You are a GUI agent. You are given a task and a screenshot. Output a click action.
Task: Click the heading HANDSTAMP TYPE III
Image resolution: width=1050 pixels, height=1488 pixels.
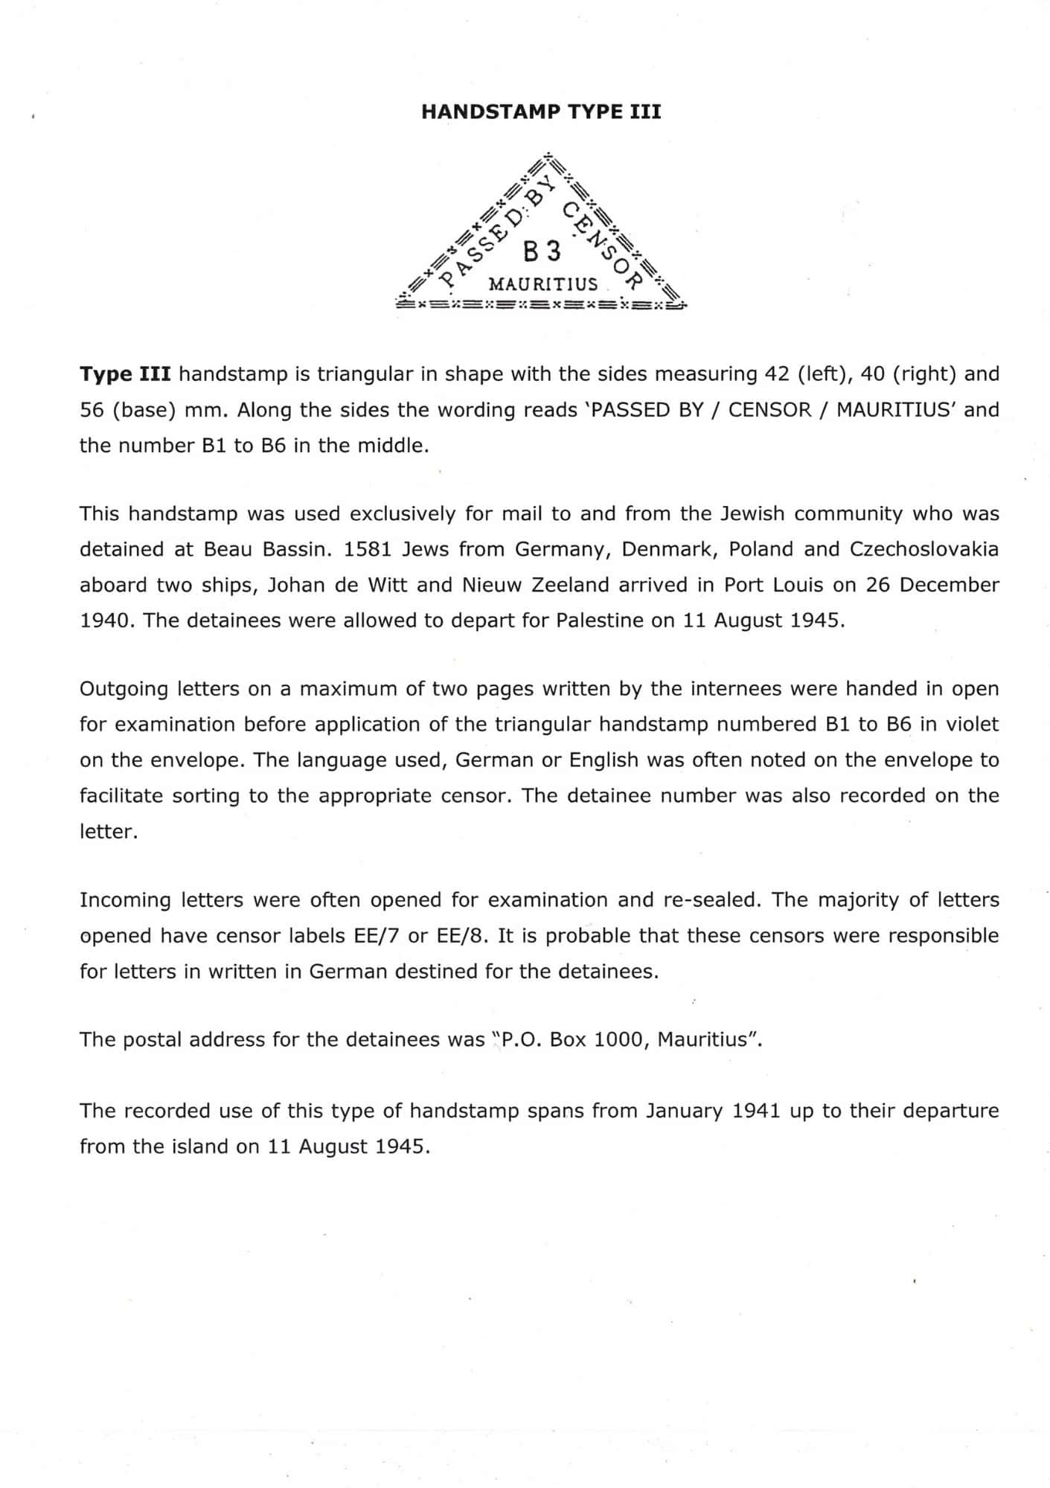pos(541,112)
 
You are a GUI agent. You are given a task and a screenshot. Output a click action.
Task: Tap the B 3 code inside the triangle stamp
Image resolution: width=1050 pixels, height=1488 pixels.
pos(542,252)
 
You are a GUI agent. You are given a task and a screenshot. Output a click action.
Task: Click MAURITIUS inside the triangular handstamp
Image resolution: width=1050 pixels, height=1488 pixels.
pos(542,284)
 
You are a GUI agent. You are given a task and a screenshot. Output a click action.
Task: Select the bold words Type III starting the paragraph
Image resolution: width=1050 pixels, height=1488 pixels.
pos(125,373)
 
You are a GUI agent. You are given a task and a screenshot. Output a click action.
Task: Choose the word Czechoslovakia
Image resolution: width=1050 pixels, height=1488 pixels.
pos(924,549)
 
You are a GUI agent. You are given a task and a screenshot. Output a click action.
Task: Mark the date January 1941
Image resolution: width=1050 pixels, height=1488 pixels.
pos(713,1111)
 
